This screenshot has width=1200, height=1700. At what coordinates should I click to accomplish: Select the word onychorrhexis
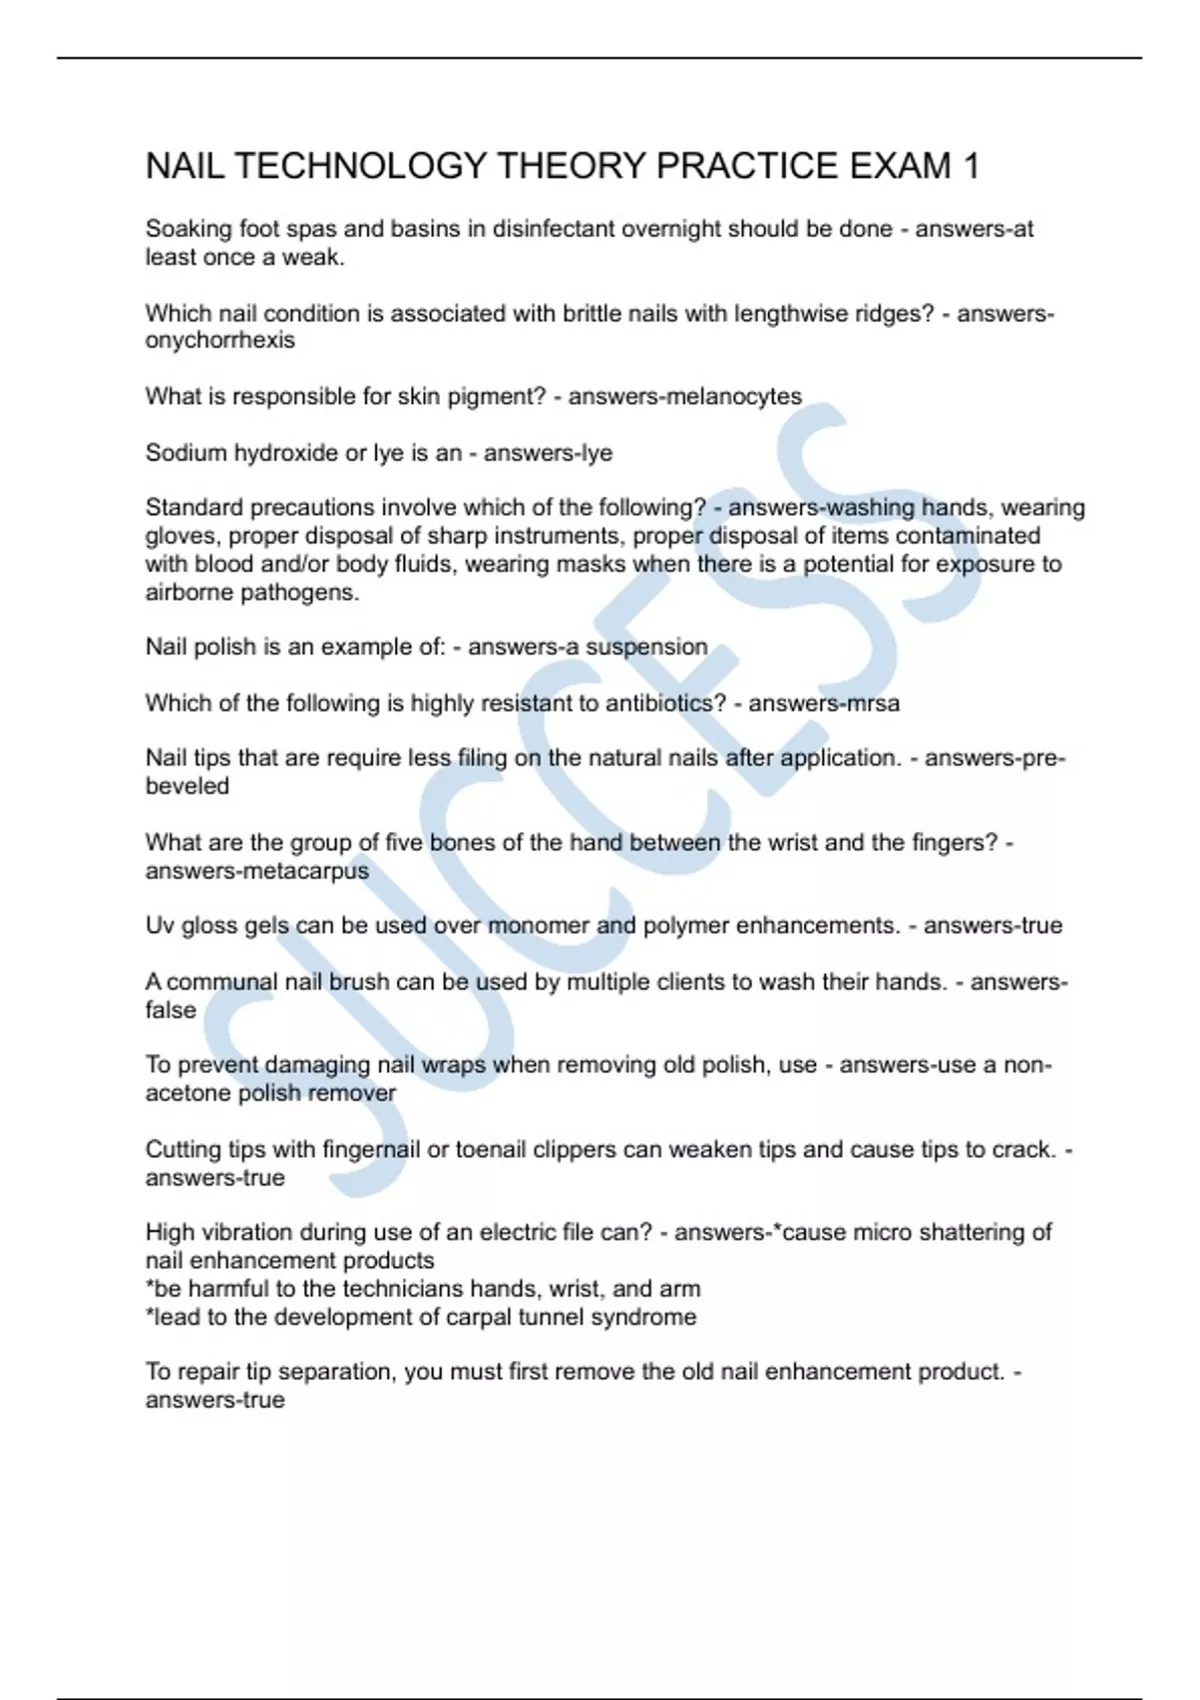[x=220, y=340]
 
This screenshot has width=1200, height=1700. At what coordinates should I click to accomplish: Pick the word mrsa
[x=874, y=703]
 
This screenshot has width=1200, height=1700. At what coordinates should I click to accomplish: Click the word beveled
[x=187, y=786]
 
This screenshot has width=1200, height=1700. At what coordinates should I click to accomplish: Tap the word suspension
[x=647, y=647]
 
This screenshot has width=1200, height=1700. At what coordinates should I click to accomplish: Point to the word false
[x=171, y=1010]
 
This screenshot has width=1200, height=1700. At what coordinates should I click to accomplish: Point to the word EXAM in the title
[x=900, y=166]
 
